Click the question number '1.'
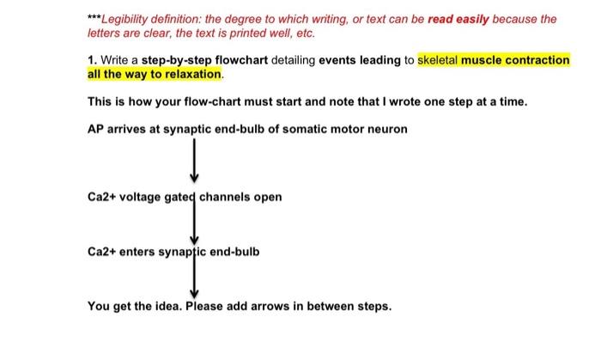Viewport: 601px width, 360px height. tap(93, 60)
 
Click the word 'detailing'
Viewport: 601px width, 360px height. tap(294, 60)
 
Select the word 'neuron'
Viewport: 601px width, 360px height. tap(387, 129)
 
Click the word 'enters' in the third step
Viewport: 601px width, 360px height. tap(139, 252)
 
